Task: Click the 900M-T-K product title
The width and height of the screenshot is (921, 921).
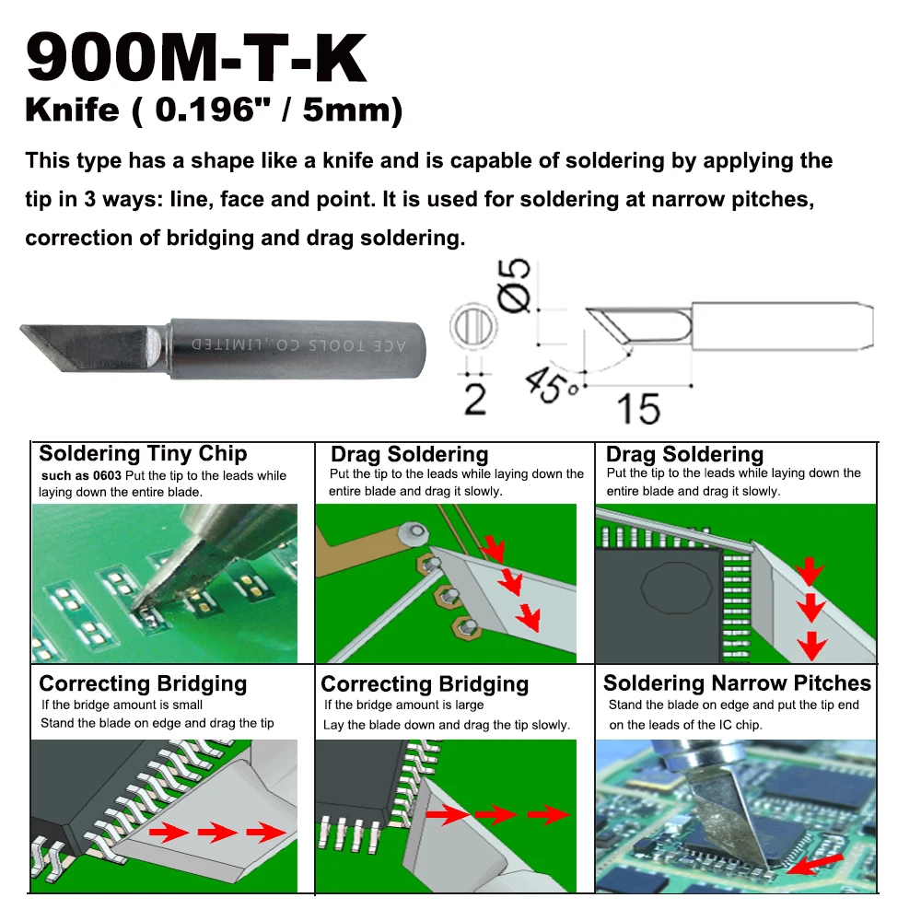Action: click(x=196, y=59)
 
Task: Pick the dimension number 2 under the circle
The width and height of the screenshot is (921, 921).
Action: click(x=474, y=399)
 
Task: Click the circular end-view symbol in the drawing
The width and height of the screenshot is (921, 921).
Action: click(x=473, y=328)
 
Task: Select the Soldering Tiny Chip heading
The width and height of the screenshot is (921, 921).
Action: click(x=143, y=453)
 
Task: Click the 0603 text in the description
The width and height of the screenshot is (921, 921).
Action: click(x=105, y=476)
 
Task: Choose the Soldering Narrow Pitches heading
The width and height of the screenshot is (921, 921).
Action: click(x=737, y=683)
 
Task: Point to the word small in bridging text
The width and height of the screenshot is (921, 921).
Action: click(x=186, y=705)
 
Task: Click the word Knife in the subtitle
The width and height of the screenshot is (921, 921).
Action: click(x=72, y=111)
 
